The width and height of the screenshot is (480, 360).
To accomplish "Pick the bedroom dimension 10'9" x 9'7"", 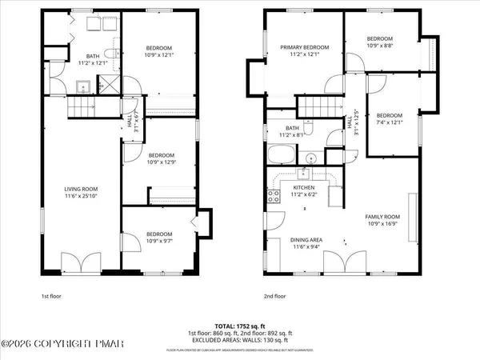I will pos(159,241).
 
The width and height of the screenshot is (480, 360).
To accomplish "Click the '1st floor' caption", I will pos(52,296).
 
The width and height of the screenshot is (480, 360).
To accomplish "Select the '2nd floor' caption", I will pos(274,296).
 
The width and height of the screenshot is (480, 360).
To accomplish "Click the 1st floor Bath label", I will pos(92,56).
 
